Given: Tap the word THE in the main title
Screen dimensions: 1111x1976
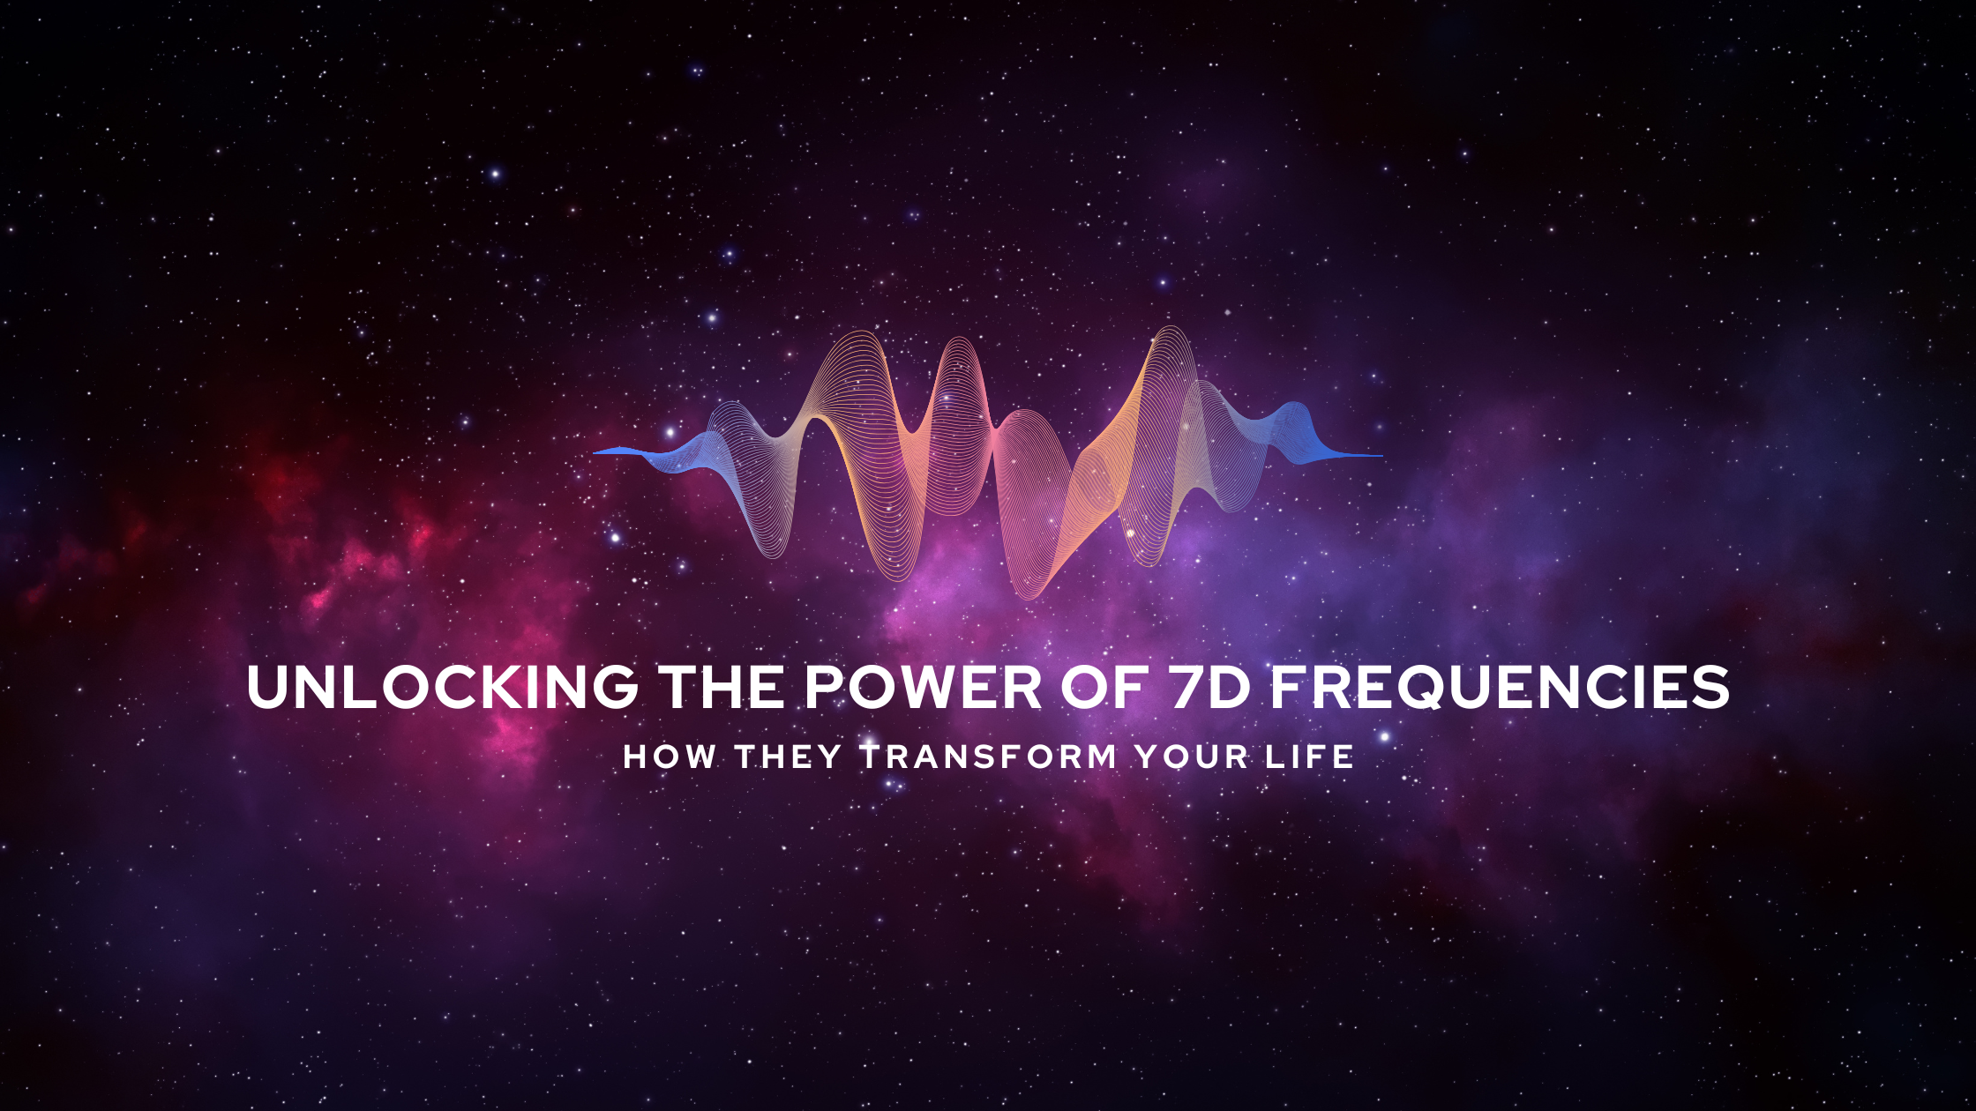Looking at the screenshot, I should pos(722,688).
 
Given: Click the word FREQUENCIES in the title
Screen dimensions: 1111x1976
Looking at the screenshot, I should pos(1500,688).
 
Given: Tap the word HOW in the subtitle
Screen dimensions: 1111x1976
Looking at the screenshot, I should pos(670,757).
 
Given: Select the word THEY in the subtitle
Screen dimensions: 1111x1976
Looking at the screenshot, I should pos(788,757).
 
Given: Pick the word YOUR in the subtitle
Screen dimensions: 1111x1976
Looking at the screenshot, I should pos(1192,757).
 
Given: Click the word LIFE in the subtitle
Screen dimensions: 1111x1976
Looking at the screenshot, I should pos(1310,757).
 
